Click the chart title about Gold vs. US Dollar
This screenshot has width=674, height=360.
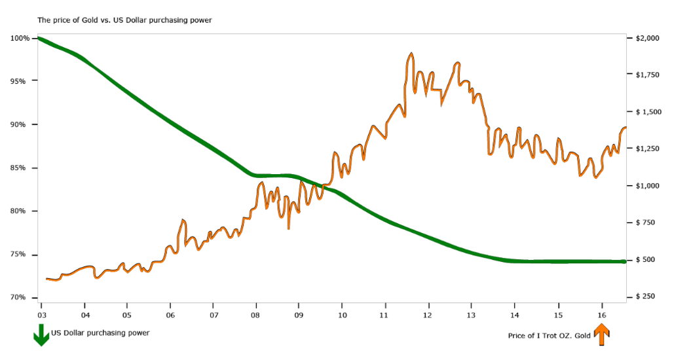[124, 20]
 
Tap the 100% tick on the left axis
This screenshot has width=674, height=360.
[20, 38]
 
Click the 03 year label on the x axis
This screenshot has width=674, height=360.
[41, 306]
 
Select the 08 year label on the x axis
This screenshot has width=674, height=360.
[256, 306]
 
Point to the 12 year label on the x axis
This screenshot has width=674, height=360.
[428, 306]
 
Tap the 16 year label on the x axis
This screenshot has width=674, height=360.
[601, 306]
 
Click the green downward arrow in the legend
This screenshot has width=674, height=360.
[41, 335]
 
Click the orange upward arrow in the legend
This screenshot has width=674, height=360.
[601, 335]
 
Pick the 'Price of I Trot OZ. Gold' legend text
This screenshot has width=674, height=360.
[550, 336]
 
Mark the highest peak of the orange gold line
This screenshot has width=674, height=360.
[411, 54]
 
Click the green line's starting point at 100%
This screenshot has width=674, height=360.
[39, 38]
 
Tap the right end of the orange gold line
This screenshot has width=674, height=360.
[626, 128]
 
